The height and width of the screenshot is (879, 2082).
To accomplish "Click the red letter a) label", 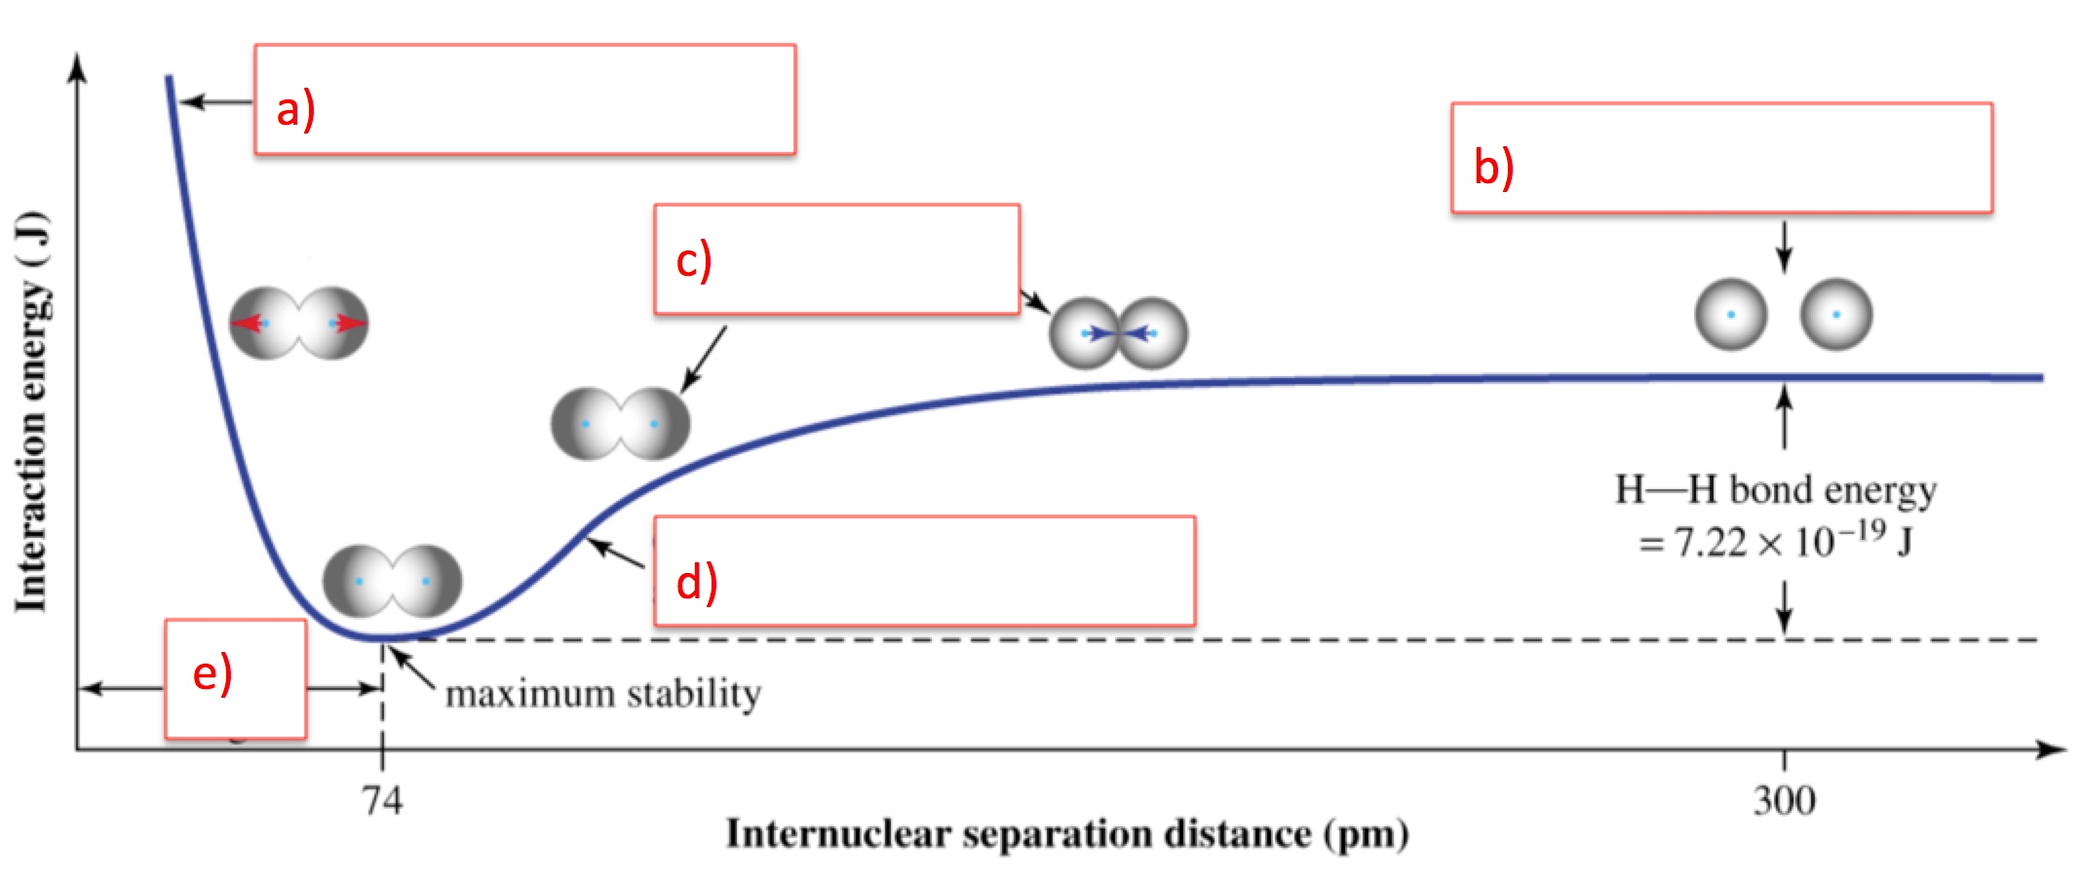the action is tap(295, 109).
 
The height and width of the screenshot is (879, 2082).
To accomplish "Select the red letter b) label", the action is tap(1493, 167).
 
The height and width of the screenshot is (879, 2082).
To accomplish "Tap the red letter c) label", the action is tap(694, 261).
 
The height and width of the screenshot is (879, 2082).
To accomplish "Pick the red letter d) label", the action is tap(697, 582).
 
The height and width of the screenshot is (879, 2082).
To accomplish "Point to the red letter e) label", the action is tap(212, 674).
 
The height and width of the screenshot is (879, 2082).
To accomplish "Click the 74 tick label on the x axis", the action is tap(382, 801).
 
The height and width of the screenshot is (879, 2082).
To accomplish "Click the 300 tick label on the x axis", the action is tap(1784, 801).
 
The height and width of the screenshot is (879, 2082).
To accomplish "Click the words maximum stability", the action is tap(603, 694).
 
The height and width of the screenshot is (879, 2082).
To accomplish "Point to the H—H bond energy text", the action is tap(1776, 490).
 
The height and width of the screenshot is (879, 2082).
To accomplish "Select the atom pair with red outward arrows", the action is tap(298, 323).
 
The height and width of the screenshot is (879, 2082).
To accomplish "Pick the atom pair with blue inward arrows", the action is tap(1118, 333).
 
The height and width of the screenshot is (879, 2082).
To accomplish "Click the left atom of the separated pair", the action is tap(1731, 315).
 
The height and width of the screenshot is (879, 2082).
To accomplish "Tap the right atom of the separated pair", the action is tap(1836, 315).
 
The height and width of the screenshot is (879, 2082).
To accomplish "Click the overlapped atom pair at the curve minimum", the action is tap(392, 581).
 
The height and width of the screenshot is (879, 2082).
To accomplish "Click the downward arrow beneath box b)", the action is tap(1784, 248).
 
